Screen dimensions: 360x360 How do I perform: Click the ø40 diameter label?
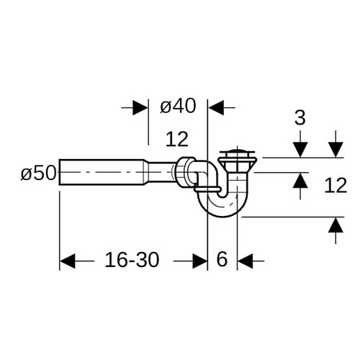tap(178, 106)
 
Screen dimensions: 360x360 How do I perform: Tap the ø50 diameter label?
tap(38, 174)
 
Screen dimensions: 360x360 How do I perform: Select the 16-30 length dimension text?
tap(132, 260)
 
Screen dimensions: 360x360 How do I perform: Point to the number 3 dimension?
tap(300, 117)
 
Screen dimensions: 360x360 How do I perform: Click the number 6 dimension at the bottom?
tap(222, 259)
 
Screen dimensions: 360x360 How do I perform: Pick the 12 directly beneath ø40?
tap(177, 139)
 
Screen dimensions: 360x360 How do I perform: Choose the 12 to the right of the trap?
tap(336, 185)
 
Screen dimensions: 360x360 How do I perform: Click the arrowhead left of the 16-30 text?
tap(68, 261)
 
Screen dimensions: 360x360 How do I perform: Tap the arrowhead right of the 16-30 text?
tap(199, 261)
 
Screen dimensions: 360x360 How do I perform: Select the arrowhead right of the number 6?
tap(246, 261)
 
